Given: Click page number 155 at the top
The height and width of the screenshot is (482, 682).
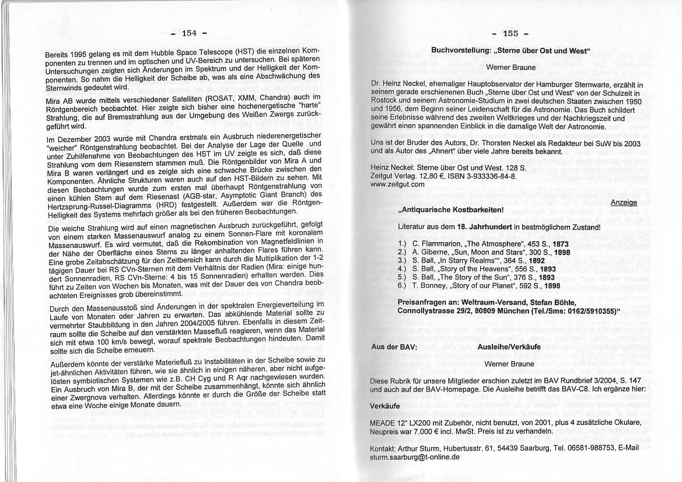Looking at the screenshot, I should pyautogui.click(x=510, y=33).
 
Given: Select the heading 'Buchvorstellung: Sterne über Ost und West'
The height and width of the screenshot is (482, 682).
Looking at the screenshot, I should pyautogui.click(x=510, y=51).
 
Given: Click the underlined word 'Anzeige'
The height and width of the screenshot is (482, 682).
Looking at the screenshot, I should pyautogui.click(x=624, y=202).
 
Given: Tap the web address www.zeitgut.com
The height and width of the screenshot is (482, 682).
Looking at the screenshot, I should pyautogui.click(x=397, y=184).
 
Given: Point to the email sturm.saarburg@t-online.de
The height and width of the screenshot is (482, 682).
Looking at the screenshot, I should pyautogui.click(x=415, y=457).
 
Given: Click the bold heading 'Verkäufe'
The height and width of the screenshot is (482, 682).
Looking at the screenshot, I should pyautogui.click(x=386, y=405).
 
